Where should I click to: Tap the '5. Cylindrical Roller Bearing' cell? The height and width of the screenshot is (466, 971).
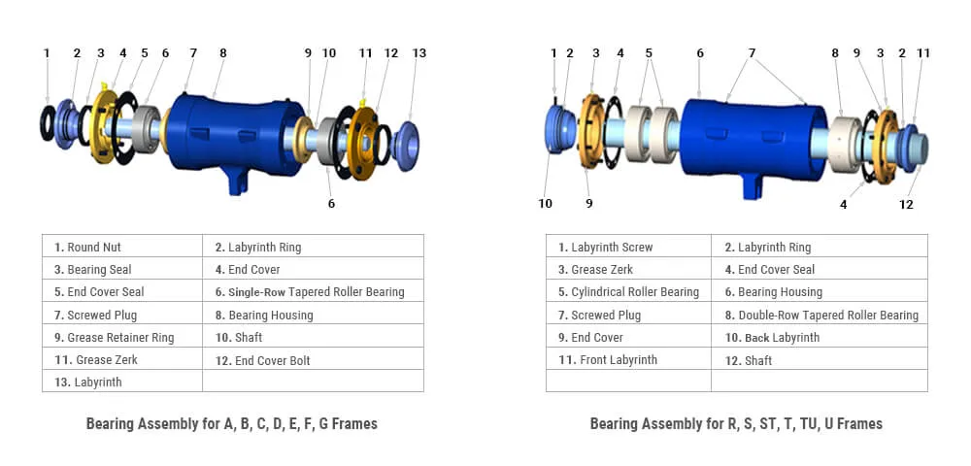(x=628, y=291)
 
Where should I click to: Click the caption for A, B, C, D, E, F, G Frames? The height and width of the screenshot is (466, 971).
(x=231, y=423)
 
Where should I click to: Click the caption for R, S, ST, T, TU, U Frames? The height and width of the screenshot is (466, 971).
(x=736, y=423)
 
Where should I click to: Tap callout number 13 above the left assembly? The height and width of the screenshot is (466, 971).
(x=419, y=53)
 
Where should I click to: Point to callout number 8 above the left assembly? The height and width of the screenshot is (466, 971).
(x=222, y=53)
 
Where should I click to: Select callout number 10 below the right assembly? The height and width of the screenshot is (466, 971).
(x=545, y=203)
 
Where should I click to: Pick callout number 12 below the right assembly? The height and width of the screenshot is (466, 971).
(x=906, y=204)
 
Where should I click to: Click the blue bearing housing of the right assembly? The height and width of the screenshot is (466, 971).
(x=748, y=136)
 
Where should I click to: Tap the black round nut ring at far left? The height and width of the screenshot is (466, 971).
(x=48, y=123)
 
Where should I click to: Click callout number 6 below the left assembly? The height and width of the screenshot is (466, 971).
(x=331, y=204)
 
